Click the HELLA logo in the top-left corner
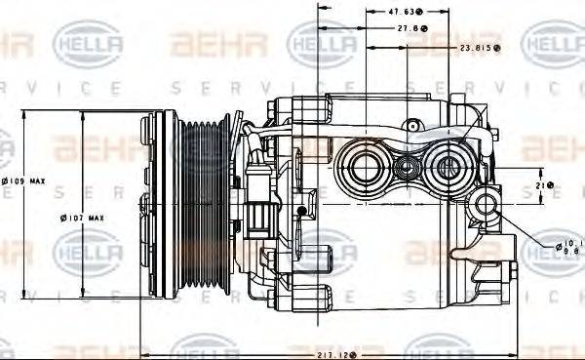tap(87, 44)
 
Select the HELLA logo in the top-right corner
tap(552, 44)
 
